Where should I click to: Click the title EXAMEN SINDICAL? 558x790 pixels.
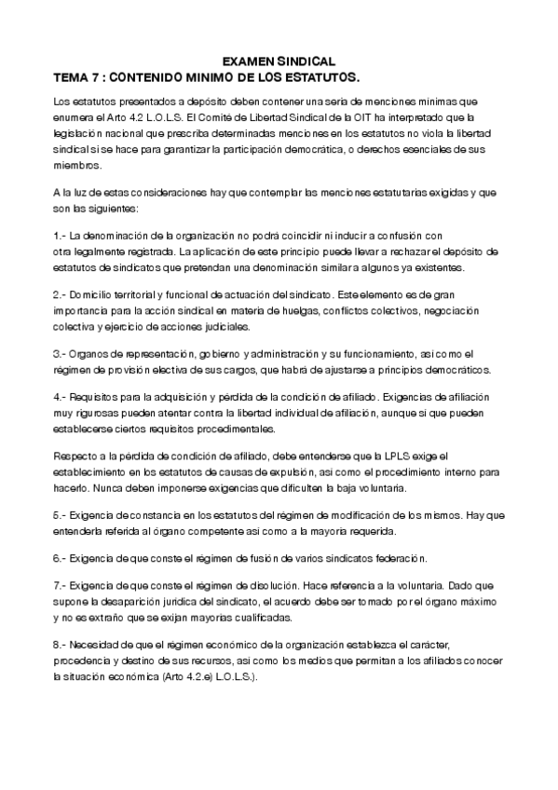tap(279, 59)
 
